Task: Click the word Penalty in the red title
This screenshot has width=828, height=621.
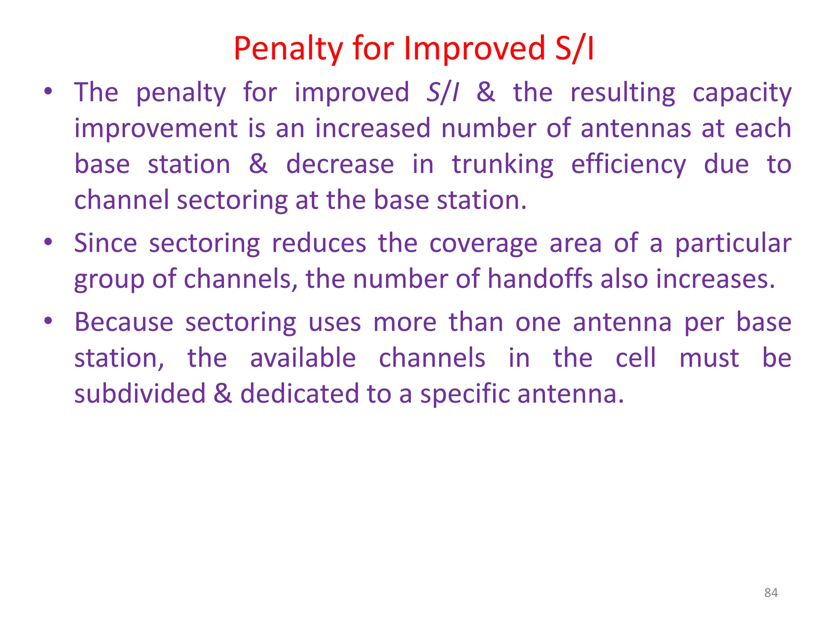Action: (288, 49)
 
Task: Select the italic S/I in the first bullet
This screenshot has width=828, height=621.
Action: (443, 93)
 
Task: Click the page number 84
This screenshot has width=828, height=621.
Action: (771, 593)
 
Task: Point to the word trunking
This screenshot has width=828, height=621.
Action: (503, 165)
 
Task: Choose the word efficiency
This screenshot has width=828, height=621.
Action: (628, 165)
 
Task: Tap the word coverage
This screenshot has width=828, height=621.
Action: (483, 244)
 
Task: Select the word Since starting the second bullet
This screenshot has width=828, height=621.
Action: (106, 243)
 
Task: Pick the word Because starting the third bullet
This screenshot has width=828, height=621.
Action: (124, 322)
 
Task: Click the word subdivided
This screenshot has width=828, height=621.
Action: (140, 394)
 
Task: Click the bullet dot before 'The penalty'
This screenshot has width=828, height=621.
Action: (48, 91)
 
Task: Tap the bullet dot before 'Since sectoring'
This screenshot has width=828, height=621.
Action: (48, 242)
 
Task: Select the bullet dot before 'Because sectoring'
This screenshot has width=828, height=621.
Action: (48, 321)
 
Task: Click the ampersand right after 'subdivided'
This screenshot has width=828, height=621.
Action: (223, 394)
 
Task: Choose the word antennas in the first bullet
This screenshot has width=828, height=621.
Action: (636, 129)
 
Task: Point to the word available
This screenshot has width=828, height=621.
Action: (303, 358)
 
